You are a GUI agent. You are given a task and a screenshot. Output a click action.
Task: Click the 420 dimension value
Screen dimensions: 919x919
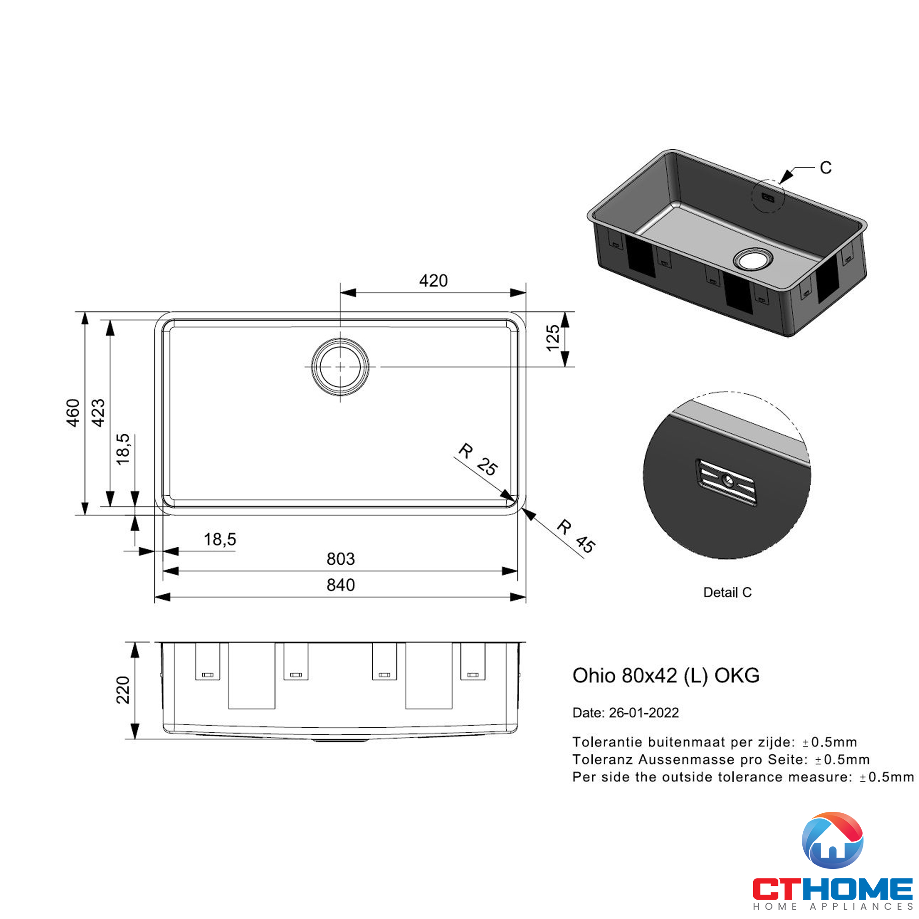point(433,281)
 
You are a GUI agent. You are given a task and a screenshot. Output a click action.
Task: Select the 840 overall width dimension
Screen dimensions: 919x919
point(340,585)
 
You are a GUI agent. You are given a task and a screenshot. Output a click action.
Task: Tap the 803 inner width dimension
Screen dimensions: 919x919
point(340,559)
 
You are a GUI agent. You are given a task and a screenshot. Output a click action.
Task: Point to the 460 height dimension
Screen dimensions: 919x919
point(73,413)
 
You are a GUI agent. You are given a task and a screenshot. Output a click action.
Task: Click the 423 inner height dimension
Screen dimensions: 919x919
point(98,413)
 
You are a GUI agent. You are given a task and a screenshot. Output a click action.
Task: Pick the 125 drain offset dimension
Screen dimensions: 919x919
point(553,338)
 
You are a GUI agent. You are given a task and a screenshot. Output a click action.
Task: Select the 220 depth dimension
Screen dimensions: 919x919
point(123,690)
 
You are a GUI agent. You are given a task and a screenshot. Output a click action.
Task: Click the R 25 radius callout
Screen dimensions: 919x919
point(477,459)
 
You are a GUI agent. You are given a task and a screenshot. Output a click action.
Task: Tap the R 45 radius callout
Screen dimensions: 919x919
point(576,537)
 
